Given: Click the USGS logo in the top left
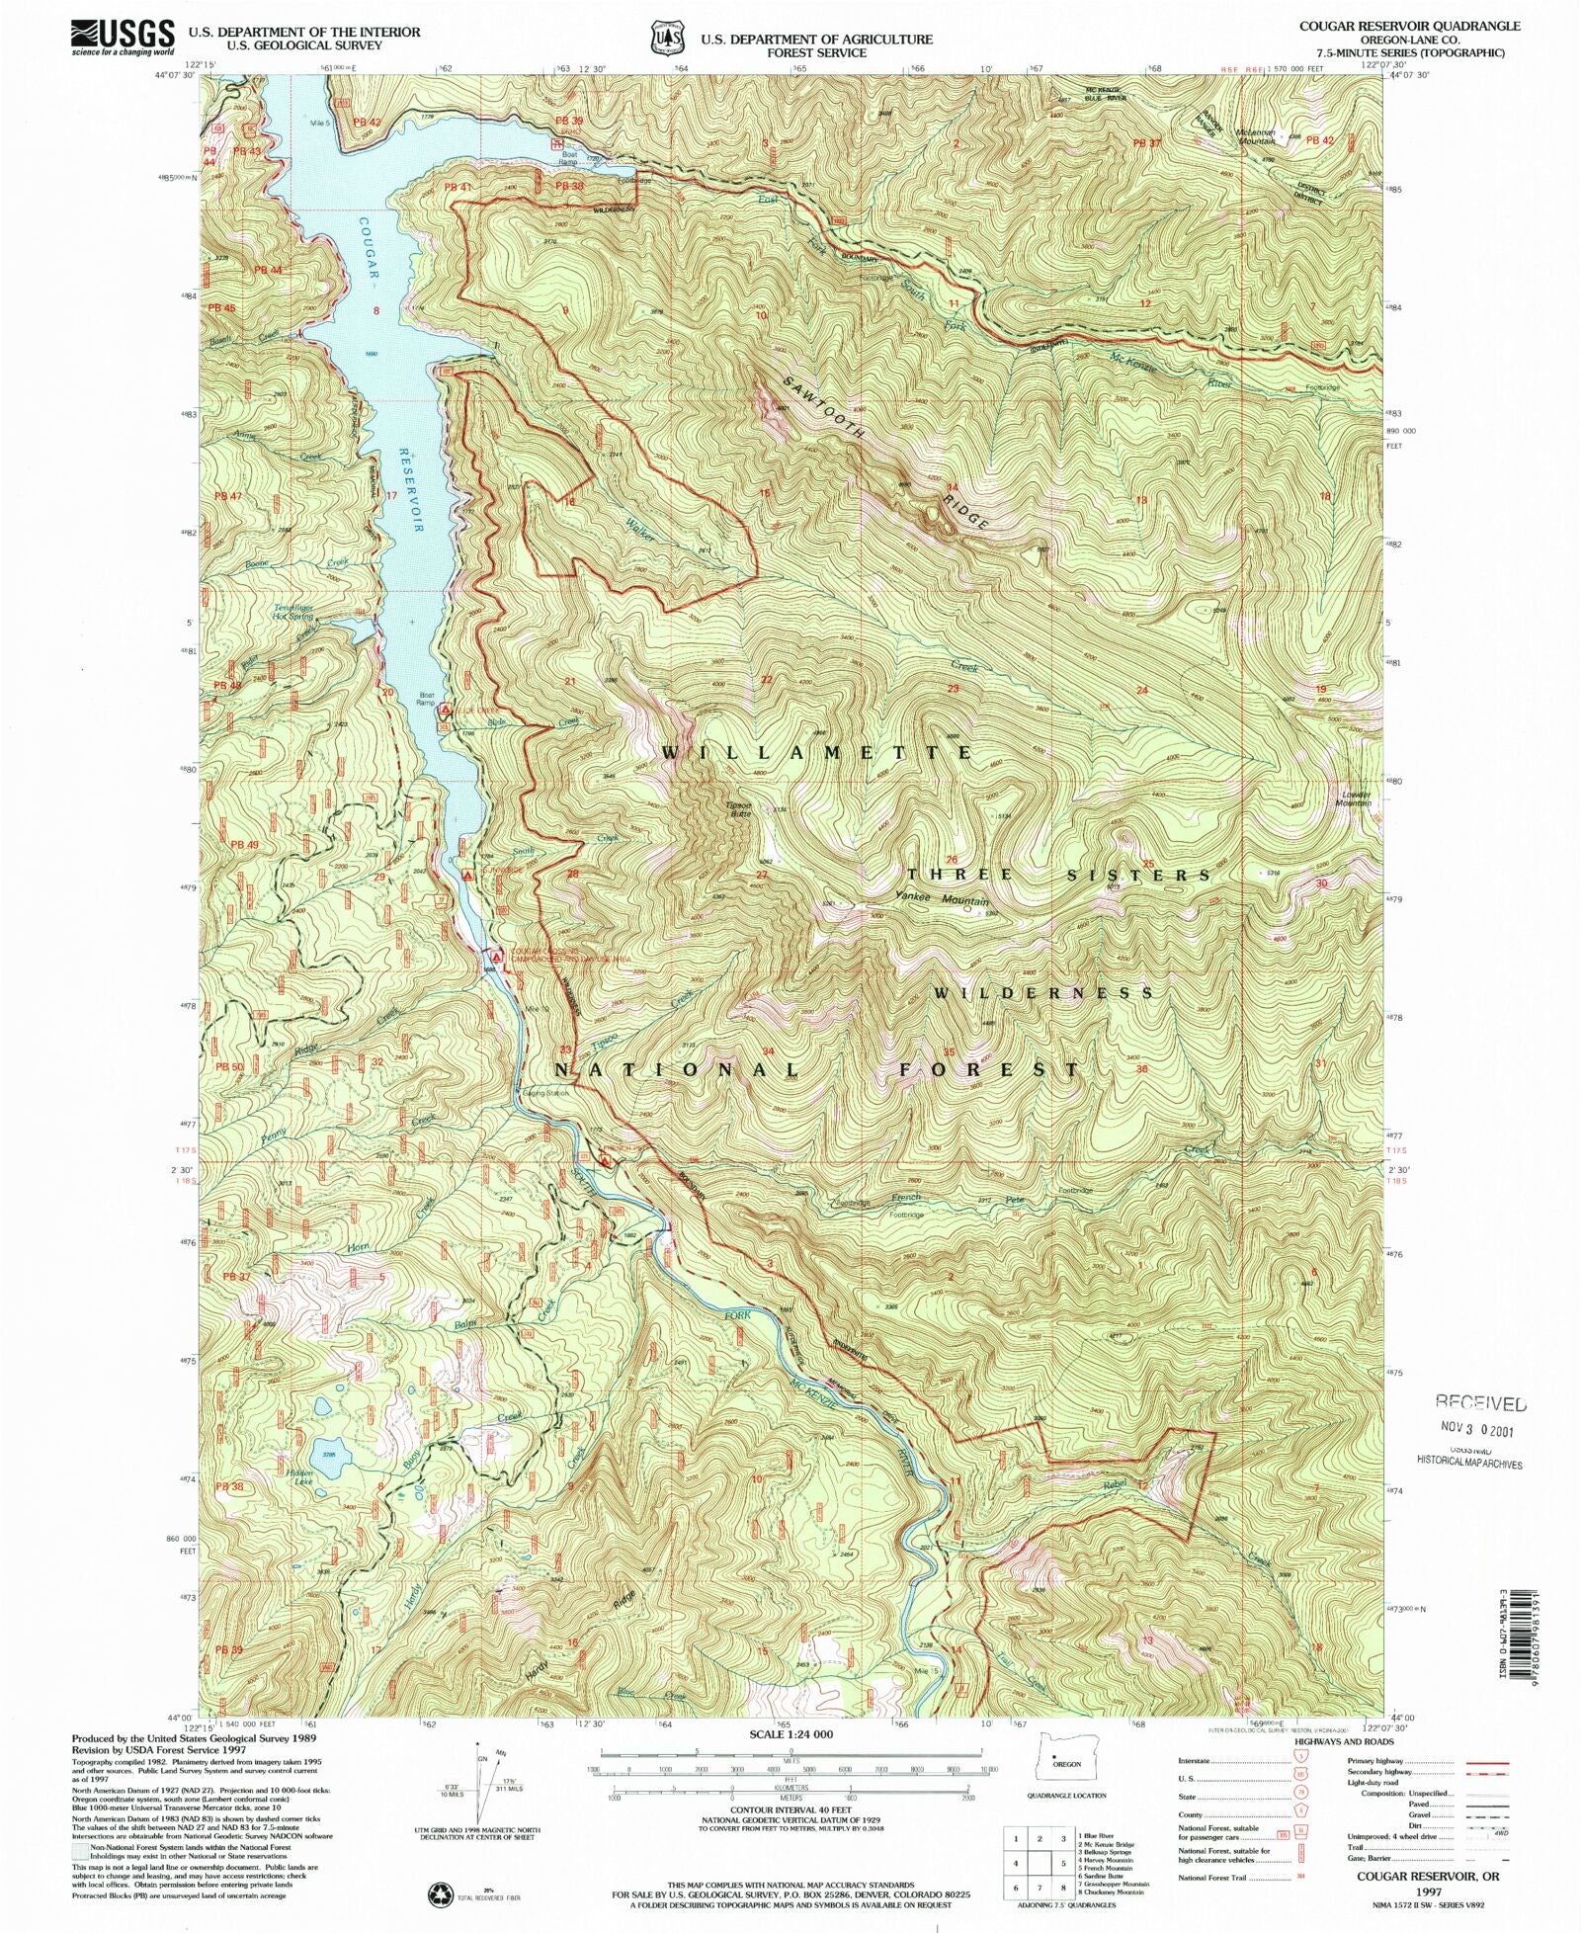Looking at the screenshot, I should (x=123, y=38).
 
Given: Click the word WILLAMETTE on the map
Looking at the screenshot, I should (x=816, y=753).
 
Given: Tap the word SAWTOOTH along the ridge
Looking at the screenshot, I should (x=824, y=408).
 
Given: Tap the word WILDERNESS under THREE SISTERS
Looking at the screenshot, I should (x=1043, y=992).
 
